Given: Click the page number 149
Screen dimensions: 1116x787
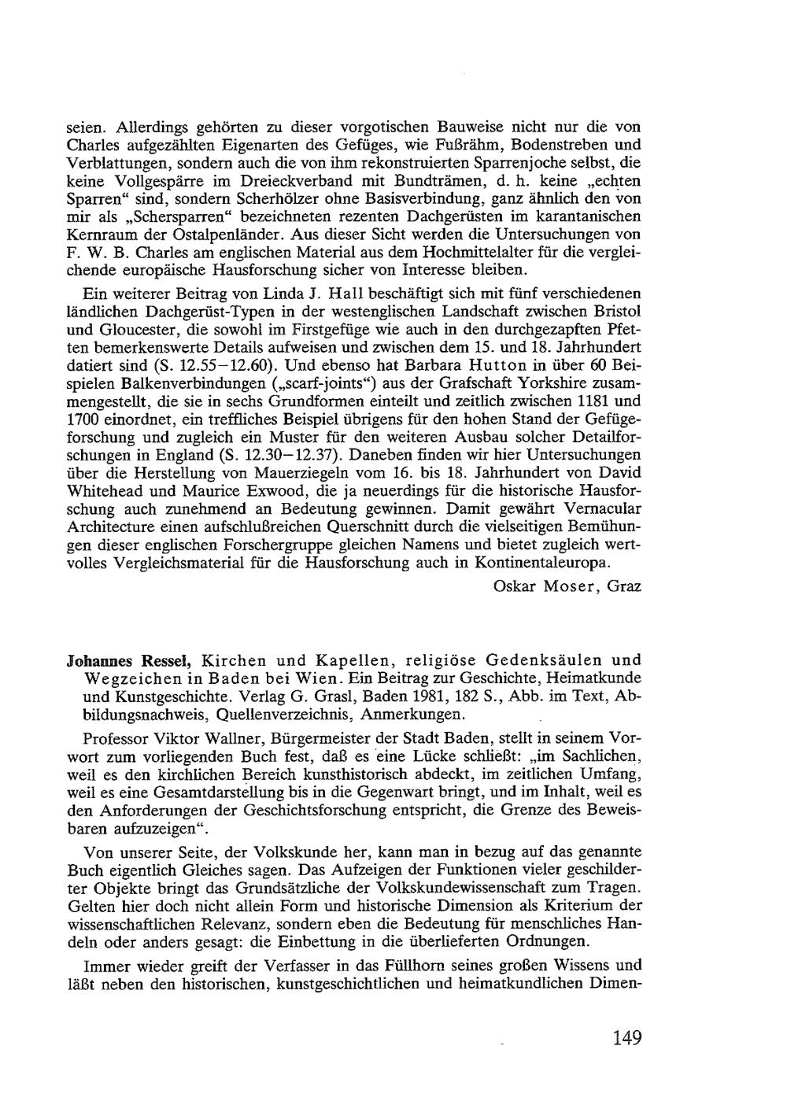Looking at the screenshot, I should pos(627,1038).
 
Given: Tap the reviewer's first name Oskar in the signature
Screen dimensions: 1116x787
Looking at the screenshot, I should pos(514,586).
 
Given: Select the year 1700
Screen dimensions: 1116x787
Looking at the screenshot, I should pos(81,419).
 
